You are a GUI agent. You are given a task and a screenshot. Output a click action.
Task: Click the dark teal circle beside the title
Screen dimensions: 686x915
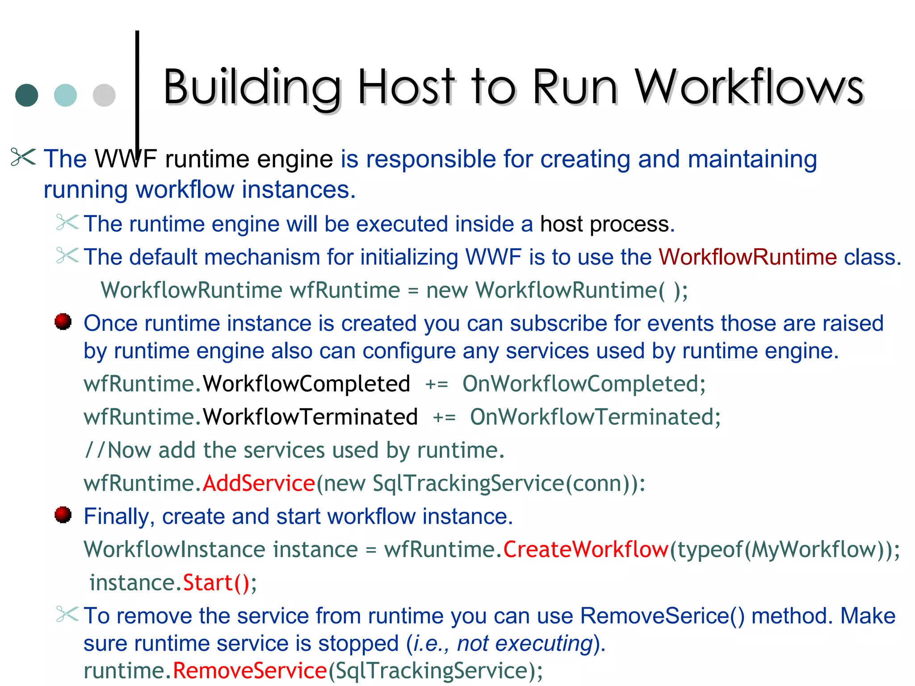point(27,95)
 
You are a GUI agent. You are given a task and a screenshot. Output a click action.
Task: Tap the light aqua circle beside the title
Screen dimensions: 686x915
point(65,95)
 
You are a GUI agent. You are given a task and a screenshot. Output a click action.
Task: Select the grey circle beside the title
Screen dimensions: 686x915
point(104,95)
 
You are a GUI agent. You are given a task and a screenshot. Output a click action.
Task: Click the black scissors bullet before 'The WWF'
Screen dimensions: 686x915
point(23,158)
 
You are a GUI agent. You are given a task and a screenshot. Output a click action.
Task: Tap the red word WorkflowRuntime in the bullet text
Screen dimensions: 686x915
point(747,257)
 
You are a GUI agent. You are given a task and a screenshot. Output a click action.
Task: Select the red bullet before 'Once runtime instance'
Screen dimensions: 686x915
point(63,322)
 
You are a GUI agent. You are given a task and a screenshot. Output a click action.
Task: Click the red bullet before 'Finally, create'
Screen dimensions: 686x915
point(63,514)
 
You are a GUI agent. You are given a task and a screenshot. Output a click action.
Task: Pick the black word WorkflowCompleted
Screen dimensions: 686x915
point(306,384)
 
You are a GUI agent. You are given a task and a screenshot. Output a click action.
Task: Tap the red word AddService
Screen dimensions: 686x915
point(259,483)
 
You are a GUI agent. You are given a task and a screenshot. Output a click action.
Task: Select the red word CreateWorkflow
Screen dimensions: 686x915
point(586,549)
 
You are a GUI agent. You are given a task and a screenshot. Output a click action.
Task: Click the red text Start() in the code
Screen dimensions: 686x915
point(216,582)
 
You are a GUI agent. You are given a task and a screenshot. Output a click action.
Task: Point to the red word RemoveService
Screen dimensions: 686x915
point(250,670)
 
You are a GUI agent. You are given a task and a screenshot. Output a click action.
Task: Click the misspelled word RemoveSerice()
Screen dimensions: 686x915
point(663,616)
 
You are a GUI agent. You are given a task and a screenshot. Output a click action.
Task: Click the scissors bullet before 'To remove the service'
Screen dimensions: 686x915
point(67,614)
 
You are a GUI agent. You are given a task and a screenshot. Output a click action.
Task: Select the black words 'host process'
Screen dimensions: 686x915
point(607,224)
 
